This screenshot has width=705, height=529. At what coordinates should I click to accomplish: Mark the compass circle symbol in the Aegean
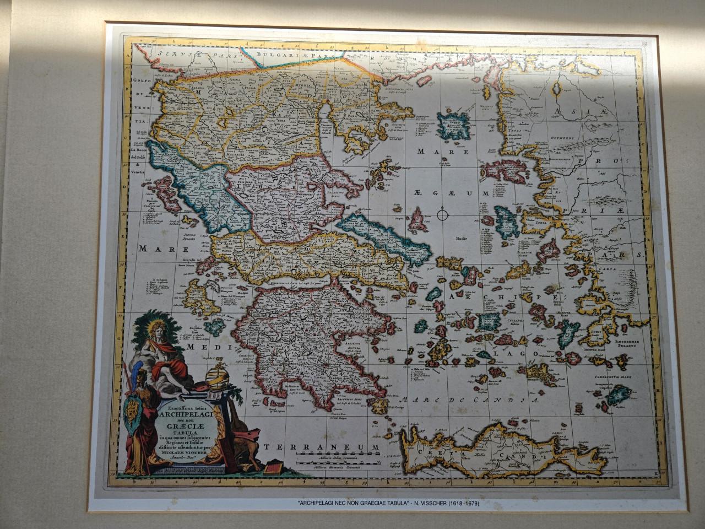click(442, 214)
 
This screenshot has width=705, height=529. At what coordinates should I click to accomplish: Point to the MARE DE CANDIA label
click(468, 401)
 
